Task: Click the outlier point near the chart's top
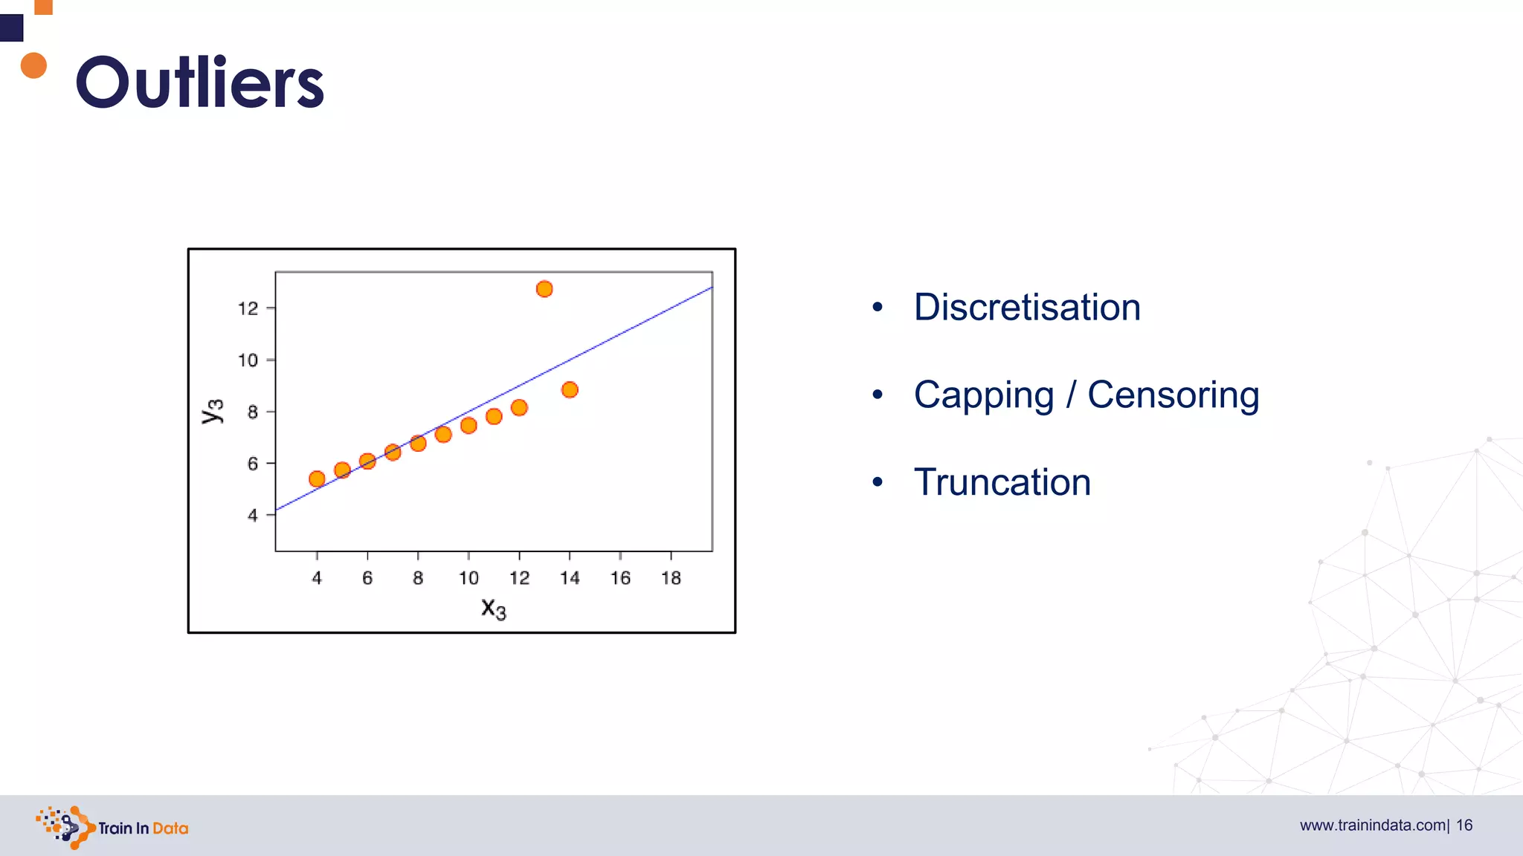tap(544, 289)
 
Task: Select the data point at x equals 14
tap(570, 389)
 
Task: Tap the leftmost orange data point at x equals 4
tap(317, 479)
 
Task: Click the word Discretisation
tap(1027, 307)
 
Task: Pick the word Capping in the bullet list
tap(983, 395)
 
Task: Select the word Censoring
tap(1173, 395)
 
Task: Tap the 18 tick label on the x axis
tap(671, 578)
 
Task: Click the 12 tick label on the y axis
tap(248, 308)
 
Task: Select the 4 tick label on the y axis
tap(253, 515)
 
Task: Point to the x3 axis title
tap(493, 609)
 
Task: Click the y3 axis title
tap(213, 411)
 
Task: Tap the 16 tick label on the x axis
tap(620, 578)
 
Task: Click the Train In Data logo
tap(112, 827)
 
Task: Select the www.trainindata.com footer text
tap(1372, 826)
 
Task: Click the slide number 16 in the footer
tap(1464, 826)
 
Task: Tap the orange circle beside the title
tap(33, 65)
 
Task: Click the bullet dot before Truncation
tap(878, 482)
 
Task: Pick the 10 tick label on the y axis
tap(248, 360)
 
